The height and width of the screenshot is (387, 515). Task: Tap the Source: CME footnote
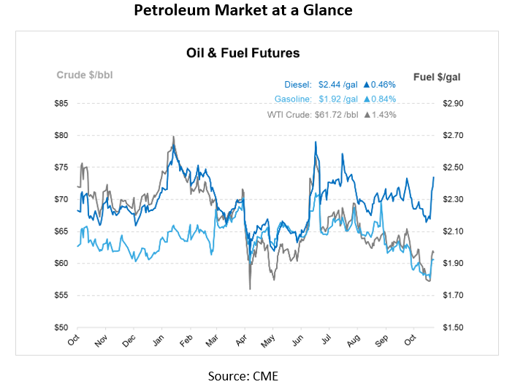(x=243, y=375)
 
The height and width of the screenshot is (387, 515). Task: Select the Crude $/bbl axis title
(x=85, y=74)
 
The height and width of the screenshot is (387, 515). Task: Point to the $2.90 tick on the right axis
(x=453, y=104)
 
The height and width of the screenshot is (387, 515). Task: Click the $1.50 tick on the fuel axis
(x=453, y=327)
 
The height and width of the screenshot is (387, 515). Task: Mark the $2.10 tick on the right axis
(x=453, y=231)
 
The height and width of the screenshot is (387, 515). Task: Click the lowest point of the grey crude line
(x=251, y=289)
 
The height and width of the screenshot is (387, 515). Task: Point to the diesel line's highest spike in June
(x=315, y=142)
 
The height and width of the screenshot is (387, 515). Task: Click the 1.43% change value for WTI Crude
(x=384, y=115)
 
